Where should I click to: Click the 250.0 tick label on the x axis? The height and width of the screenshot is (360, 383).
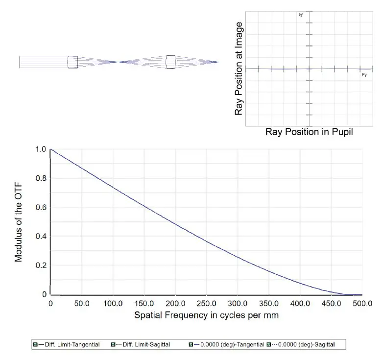click(206, 304)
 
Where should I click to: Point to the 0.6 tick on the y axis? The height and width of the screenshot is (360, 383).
click(41, 207)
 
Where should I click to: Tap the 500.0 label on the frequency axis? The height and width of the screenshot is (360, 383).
click(362, 304)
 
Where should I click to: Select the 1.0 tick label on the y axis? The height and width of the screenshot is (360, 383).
click(41, 149)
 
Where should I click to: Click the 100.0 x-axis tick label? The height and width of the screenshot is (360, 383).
click(113, 304)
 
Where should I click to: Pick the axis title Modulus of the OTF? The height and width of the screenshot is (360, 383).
click(18, 222)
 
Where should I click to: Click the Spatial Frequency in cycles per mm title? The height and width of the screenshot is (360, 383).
click(206, 315)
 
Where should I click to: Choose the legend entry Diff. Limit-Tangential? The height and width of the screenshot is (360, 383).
click(72, 345)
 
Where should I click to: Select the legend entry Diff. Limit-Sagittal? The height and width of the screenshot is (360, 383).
click(146, 345)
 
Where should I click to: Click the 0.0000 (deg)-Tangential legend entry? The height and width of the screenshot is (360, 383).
click(232, 345)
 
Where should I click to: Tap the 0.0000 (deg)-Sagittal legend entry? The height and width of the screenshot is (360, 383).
click(306, 345)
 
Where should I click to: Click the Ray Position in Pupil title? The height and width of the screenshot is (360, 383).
click(309, 132)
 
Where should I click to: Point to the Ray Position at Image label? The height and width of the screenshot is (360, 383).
click(239, 69)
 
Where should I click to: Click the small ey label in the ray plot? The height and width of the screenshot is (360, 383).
click(301, 14)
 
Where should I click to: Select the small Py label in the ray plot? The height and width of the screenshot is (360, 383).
click(364, 74)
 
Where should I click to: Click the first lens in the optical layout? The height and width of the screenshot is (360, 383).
click(72, 62)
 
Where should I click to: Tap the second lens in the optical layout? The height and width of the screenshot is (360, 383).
click(170, 62)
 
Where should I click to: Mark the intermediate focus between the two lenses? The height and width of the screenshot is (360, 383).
click(119, 62)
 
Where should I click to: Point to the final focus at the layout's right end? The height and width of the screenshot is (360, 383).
click(218, 62)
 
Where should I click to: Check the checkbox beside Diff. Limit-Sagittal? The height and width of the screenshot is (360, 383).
click(113, 345)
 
